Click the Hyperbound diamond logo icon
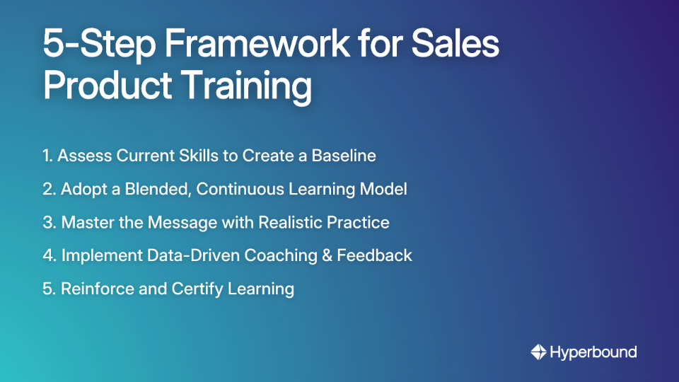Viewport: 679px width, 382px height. click(538, 352)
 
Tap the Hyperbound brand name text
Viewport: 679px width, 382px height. click(593, 352)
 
